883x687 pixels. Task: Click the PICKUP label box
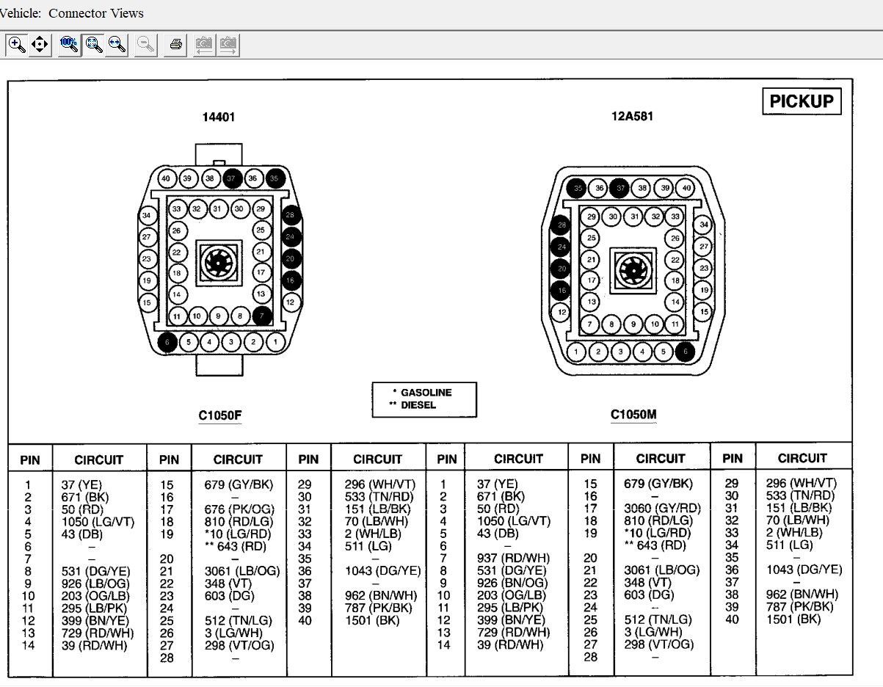[802, 101]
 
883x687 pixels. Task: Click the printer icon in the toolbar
[175, 44]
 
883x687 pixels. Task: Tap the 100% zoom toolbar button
[69, 44]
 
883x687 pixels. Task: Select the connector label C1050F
[220, 415]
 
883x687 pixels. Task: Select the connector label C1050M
[633, 415]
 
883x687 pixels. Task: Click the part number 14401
[219, 117]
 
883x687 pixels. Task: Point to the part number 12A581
[632, 116]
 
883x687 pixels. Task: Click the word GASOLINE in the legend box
[426, 393]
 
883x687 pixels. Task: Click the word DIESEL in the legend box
[418, 405]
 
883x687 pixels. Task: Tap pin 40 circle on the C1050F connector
[166, 178]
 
